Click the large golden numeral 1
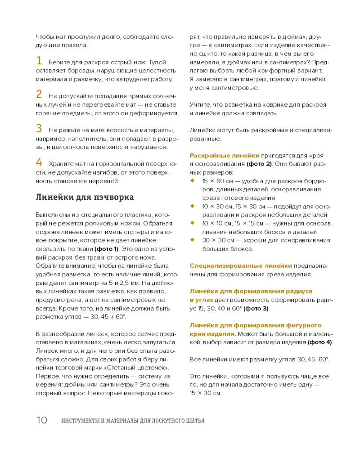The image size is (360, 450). point(39,61)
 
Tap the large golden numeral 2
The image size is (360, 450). point(39,95)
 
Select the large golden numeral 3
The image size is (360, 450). point(39,129)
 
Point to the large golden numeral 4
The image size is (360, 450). point(39,162)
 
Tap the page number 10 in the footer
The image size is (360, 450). point(41,420)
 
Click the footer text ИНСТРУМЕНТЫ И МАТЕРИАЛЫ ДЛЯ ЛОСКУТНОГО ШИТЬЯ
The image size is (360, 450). point(133,421)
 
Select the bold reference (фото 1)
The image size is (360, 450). point(106,249)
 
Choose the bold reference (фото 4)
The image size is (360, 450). point(320,342)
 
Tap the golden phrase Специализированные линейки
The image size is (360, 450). point(240,265)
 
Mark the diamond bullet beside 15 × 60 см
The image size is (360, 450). point(192,180)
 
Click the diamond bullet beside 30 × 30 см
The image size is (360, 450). point(192,240)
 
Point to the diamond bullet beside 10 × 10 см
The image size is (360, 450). point(192,223)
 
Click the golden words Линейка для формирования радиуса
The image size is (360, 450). point(251,291)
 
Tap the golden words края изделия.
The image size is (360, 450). point(212,334)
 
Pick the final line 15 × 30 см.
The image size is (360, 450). point(206,393)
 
